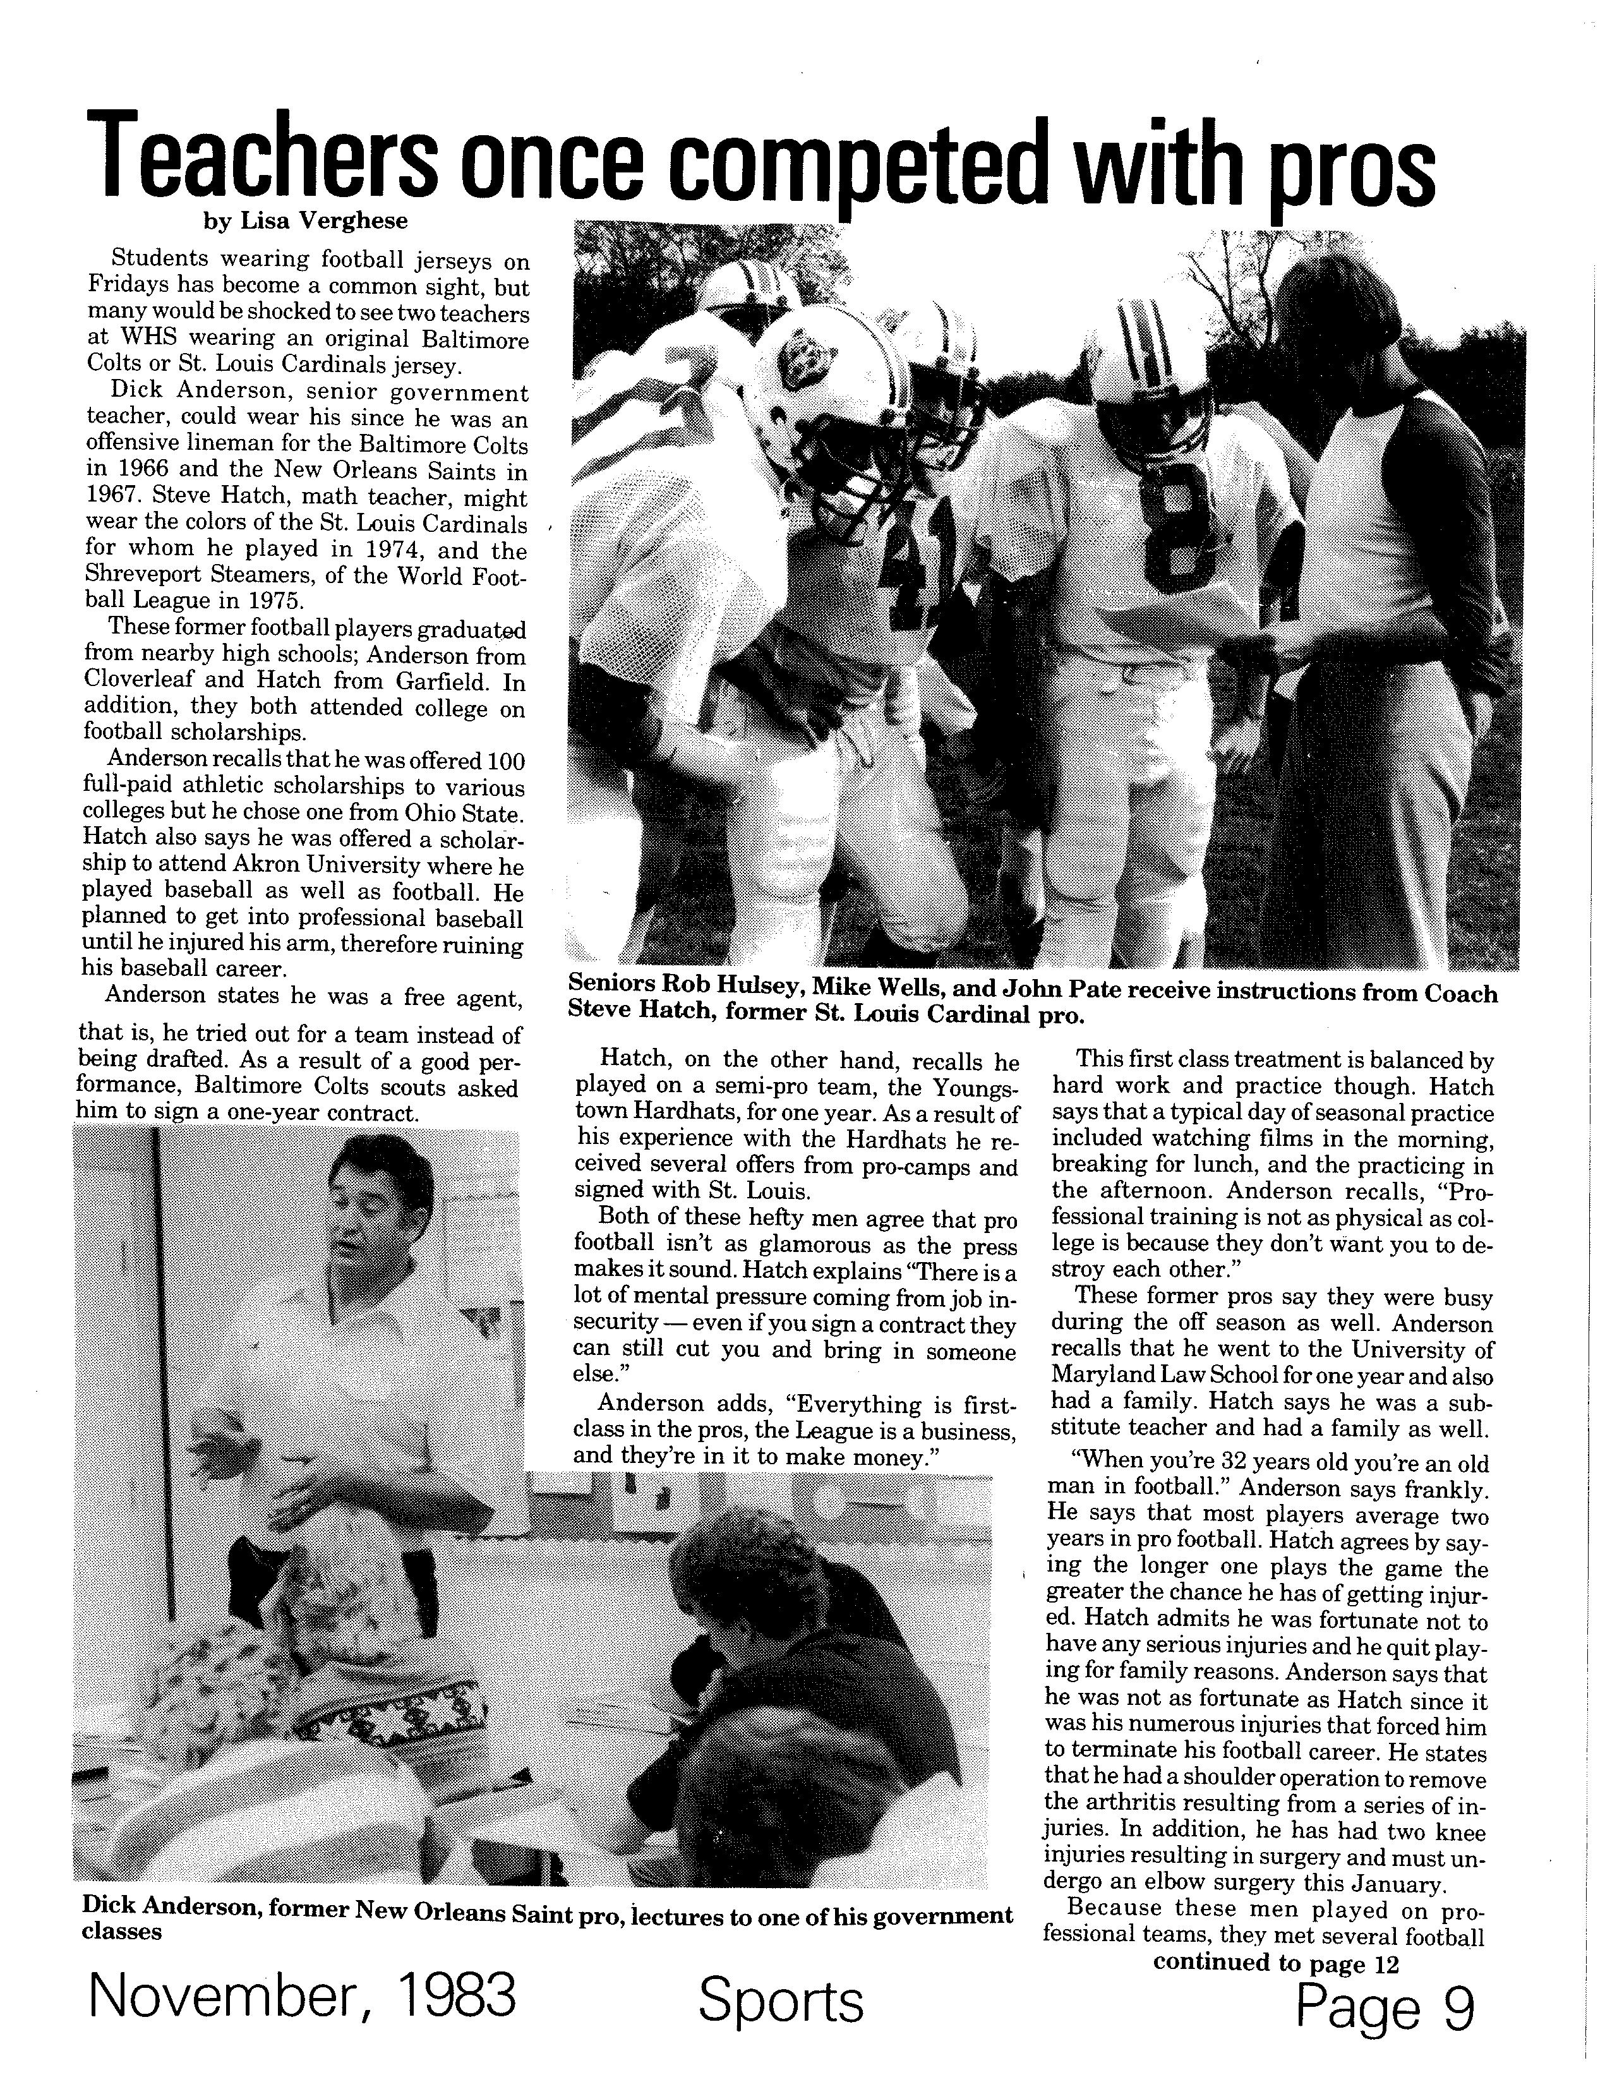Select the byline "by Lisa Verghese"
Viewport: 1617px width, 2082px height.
[305, 222]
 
